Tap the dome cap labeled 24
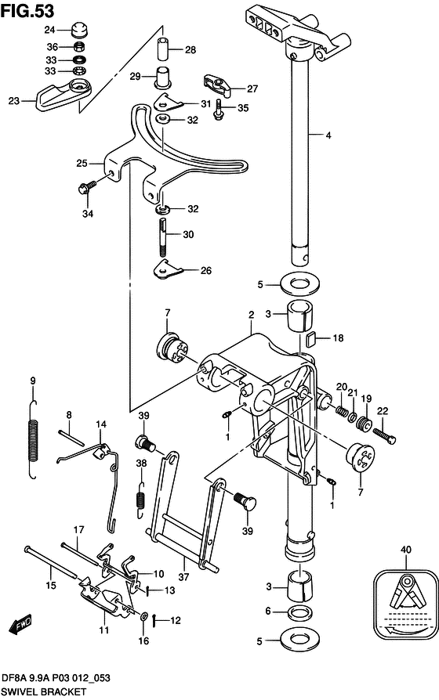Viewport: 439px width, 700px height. (x=78, y=30)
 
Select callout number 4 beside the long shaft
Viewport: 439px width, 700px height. (x=328, y=135)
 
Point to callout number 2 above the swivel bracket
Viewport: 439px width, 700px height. (x=252, y=315)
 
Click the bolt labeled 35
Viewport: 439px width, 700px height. (x=218, y=110)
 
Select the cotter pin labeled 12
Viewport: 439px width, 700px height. (x=154, y=619)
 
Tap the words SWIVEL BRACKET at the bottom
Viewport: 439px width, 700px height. (x=43, y=691)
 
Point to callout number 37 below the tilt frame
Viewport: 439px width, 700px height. (x=183, y=577)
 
